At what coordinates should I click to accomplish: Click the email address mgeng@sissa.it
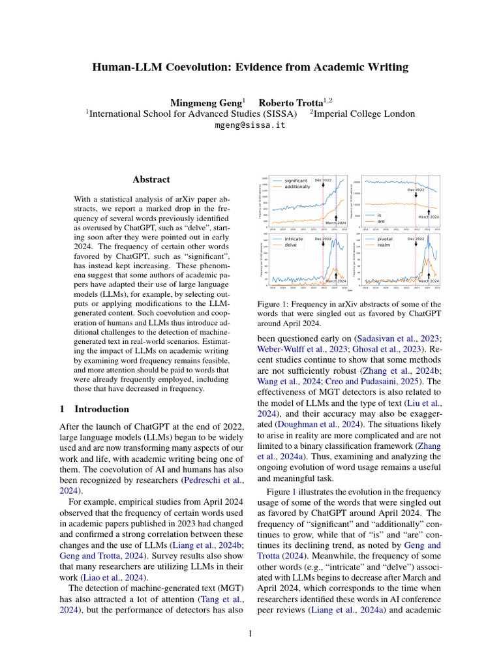tap(250, 125)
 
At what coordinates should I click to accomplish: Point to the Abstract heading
tap(151, 179)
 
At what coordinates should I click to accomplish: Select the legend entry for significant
tap(296, 180)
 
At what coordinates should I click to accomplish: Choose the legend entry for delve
tap(291, 245)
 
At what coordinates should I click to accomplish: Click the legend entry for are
tap(380, 220)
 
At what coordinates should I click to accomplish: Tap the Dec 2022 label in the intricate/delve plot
tap(323, 239)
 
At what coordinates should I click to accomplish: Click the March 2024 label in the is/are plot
tap(428, 216)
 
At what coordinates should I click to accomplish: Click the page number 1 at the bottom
tap(250, 633)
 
